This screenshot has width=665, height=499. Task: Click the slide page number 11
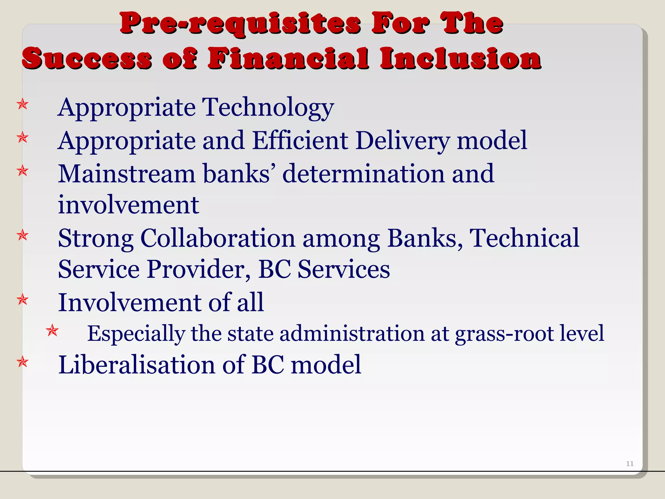[630, 464]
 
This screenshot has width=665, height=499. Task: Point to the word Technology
[268, 108]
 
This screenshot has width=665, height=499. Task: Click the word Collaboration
[218, 238]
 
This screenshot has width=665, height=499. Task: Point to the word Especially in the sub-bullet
[136, 334]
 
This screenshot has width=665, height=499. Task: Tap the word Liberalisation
[137, 365]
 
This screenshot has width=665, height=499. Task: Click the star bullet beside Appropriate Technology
[23, 105]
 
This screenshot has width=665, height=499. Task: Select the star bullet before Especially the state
[52, 331]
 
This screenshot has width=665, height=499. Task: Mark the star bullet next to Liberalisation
[23, 362]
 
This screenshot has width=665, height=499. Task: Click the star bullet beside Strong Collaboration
[23, 235]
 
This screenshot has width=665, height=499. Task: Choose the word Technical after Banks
[524, 238]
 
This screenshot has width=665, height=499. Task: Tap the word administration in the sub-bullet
[352, 334]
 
